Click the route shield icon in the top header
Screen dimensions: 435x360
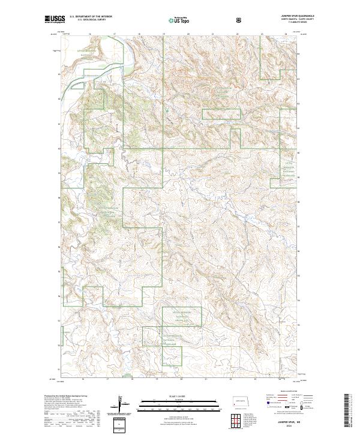(x=240, y=20)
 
